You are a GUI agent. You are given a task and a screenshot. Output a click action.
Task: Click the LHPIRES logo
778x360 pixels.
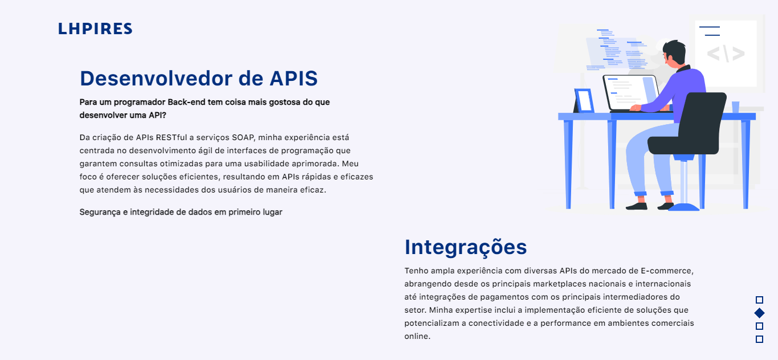pyautogui.click(x=95, y=28)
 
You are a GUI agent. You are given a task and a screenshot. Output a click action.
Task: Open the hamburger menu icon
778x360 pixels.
pyautogui.click(x=710, y=31)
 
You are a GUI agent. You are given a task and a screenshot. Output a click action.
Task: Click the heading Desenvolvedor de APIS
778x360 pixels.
pyautogui.click(x=199, y=78)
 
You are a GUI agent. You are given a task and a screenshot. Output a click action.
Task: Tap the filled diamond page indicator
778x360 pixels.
pyautogui.click(x=760, y=313)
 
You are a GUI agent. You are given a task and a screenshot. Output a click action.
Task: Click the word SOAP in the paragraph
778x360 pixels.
pyautogui.click(x=243, y=137)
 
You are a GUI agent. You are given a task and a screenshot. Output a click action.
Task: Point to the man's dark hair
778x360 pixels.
pyautogui.click(x=675, y=51)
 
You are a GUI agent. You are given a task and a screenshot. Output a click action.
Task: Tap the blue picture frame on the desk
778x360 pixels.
pyautogui.click(x=584, y=100)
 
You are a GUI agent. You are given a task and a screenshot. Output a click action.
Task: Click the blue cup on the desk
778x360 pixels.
pyautogui.click(x=735, y=107)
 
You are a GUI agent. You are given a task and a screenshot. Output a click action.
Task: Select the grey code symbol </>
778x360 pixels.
pyautogui.click(x=726, y=54)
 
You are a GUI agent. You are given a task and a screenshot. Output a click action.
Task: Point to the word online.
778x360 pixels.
pyautogui.click(x=417, y=337)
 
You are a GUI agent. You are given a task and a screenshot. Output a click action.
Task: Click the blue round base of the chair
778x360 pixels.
pyautogui.click(x=683, y=207)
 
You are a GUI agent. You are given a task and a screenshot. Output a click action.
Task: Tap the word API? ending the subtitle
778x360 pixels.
pyautogui.click(x=157, y=115)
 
